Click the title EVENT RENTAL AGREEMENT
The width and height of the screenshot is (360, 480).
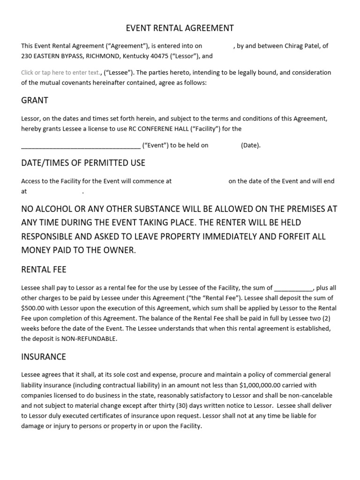(180, 28)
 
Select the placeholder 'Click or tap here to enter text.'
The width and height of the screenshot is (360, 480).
(60, 73)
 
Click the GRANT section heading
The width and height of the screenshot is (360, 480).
(35, 100)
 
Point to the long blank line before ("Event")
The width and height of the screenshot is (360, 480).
(81, 145)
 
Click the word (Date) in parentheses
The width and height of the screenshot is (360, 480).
(251, 145)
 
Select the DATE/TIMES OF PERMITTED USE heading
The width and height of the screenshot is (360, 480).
(83, 163)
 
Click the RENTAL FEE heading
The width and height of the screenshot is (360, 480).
(44, 269)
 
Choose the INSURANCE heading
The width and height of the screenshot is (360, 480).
(44, 357)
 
